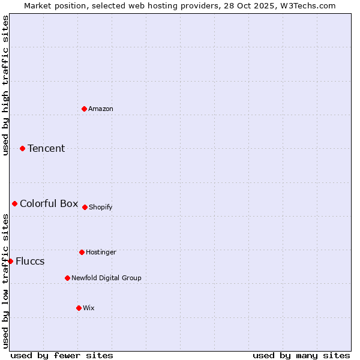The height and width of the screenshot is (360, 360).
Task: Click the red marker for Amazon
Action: click(x=85, y=109)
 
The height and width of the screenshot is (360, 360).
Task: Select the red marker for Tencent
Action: click(x=23, y=148)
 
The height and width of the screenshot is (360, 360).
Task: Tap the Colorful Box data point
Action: click(x=15, y=203)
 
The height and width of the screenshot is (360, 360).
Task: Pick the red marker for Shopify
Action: click(x=85, y=207)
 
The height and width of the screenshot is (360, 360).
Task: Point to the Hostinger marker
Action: click(x=82, y=252)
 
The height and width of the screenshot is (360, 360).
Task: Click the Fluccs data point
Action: click(x=11, y=261)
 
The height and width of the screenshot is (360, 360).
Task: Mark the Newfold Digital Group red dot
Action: click(x=68, y=278)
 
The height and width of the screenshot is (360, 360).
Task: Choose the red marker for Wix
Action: click(x=79, y=308)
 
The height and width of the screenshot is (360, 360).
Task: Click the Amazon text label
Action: click(x=101, y=109)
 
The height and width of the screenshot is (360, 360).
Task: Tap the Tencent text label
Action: click(x=46, y=148)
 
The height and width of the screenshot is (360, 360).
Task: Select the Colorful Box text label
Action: click(x=49, y=203)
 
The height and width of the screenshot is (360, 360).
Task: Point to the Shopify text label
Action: click(x=101, y=207)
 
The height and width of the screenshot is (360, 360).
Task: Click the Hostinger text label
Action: click(x=101, y=252)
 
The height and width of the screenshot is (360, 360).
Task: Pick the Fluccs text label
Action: click(x=30, y=261)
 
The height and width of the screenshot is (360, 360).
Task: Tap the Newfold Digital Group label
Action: click(x=106, y=278)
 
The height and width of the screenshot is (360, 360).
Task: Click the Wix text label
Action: click(x=89, y=308)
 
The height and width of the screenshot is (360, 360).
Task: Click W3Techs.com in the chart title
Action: click(x=310, y=5)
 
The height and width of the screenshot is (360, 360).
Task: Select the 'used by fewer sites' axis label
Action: click(x=62, y=355)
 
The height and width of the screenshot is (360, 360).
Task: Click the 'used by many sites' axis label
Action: click(x=301, y=355)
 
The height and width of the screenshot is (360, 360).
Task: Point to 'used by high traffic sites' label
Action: click(x=5, y=85)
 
